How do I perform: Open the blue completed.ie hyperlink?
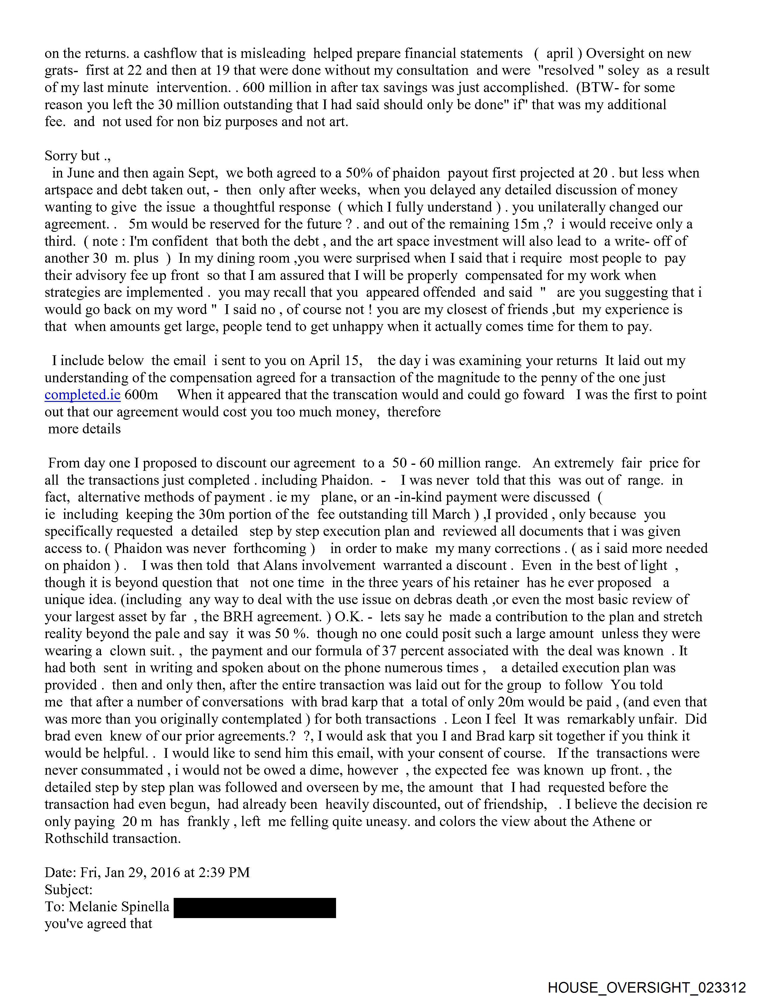pos(82,395)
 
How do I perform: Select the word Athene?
pos(596,821)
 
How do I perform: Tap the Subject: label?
pos(68,890)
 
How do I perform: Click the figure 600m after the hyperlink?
pos(141,395)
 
